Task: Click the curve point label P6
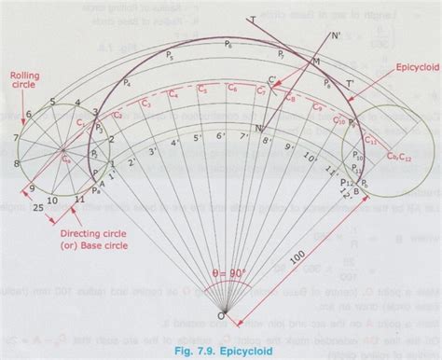[x=229, y=45]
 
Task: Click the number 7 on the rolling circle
[x=16, y=137]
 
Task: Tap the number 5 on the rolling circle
[x=52, y=100]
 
